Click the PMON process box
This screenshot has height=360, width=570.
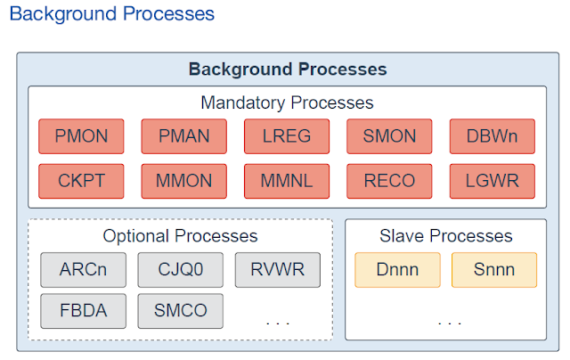[x=81, y=136]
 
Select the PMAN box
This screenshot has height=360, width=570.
[x=184, y=136]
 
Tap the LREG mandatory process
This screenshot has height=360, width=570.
[x=287, y=136]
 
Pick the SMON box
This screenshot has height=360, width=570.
[x=389, y=136]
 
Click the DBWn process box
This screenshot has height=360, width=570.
[x=493, y=136]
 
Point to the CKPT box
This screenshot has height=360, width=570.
[x=81, y=181]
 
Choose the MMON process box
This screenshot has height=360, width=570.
[x=184, y=181]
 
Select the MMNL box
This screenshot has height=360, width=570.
[x=287, y=181]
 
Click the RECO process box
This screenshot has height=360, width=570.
[x=389, y=181]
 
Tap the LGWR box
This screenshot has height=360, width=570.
[x=493, y=181]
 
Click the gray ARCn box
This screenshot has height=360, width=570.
[x=83, y=270]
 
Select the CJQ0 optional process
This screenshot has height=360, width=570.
[x=181, y=270]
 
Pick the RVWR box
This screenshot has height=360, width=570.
[x=278, y=270]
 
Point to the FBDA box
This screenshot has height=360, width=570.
[x=83, y=311]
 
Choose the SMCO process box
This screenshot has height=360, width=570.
[x=181, y=311]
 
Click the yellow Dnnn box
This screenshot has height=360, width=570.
[x=398, y=270]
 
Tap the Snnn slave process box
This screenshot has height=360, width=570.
[x=494, y=270]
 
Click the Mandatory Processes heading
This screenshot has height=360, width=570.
[x=287, y=102]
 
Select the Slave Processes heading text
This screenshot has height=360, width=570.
[x=446, y=236]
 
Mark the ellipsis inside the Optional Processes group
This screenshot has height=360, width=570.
[x=278, y=323]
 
